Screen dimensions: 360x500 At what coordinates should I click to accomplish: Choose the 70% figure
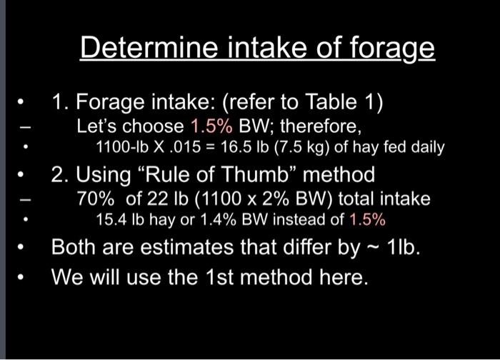point(94,199)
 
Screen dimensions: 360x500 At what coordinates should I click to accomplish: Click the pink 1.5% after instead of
point(371,219)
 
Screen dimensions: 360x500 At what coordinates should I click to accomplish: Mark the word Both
point(75,246)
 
